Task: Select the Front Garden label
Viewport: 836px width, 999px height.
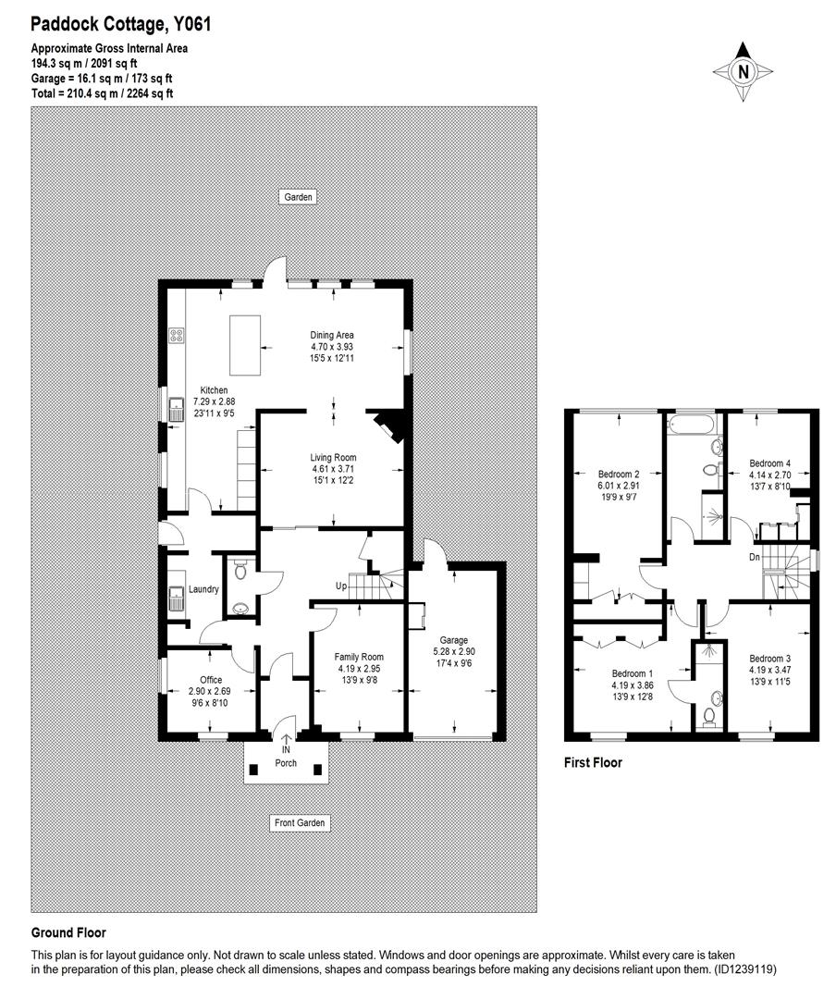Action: click(x=301, y=822)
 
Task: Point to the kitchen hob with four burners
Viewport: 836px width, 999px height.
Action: click(x=176, y=336)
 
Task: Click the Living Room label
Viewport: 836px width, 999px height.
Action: click(x=333, y=457)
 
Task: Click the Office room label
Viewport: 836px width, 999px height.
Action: click(x=203, y=680)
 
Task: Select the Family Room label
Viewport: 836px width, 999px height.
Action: click(x=359, y=657)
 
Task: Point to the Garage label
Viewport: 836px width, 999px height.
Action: click(x=454, y=640)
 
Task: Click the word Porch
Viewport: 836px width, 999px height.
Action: click(x=286, y=763)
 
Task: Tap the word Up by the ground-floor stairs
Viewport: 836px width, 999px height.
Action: click(x=341, y=586)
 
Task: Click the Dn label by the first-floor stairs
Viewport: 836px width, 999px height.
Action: click(x=756, y=557)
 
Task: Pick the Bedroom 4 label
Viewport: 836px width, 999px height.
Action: click(x=769, y=463)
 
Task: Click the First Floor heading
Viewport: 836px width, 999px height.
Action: click(x=593, y=763)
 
